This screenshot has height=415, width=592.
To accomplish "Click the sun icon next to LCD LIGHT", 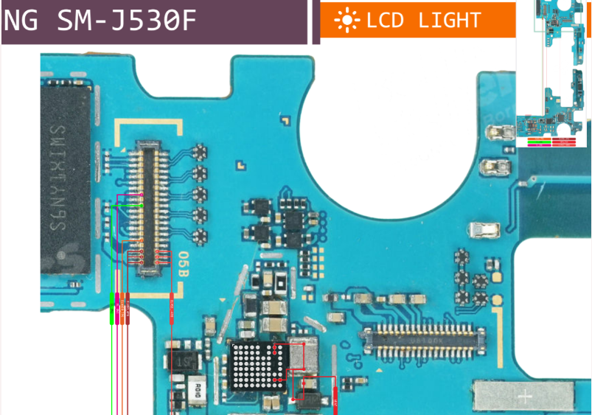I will pyautogui.click(x=345, y=21).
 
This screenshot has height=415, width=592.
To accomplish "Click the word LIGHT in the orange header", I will pyautogui.click(x=449, y=21).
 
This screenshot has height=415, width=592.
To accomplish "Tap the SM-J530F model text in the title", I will pyautogui.click(x=126, y=21).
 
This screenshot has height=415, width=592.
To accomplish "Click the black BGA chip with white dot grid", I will pyautogui.click(x=255, y=366).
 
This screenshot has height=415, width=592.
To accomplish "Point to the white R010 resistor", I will pyautogui.click(x=198, y=388).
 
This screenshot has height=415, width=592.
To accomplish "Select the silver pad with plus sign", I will pyautogui.click(x=524, y=397).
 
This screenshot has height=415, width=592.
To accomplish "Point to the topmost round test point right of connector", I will pyautogui.click(x=198, y=153).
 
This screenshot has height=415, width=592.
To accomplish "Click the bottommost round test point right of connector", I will pyautogui.click(x=198, y=237).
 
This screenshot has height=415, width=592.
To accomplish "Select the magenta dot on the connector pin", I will pyautogui.click(x=141, y=196).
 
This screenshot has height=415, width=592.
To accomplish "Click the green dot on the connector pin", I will pyautogui.click(x=141, y=206).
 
